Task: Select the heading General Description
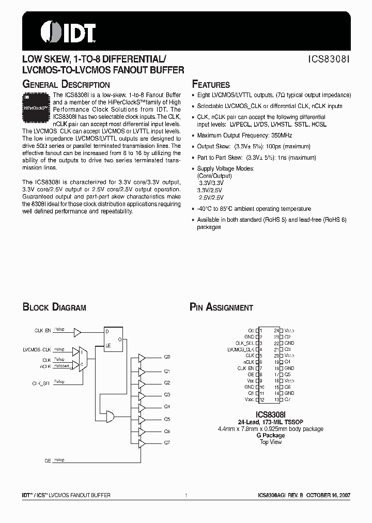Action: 66,85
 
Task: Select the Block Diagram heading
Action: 54,307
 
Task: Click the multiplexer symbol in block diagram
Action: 83,359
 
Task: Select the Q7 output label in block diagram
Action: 167,443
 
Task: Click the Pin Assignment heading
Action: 221,307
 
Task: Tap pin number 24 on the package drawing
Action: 276,330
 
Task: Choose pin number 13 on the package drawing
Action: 276,399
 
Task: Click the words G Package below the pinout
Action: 271,435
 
